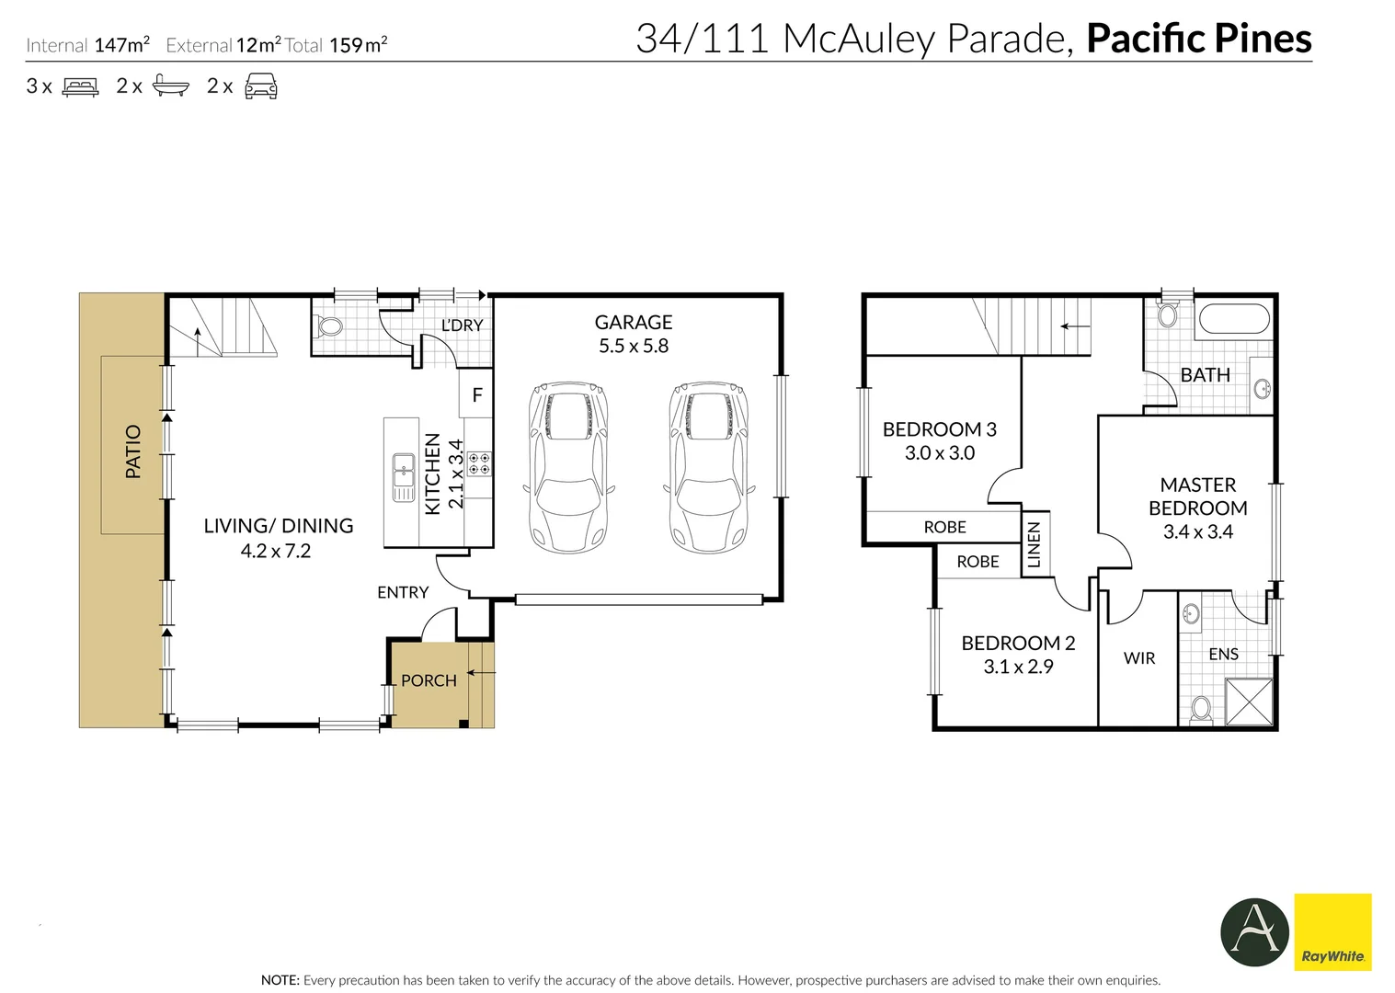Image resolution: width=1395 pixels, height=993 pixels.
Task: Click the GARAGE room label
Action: point(634,323)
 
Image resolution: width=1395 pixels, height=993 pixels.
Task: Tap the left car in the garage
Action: point(568,467)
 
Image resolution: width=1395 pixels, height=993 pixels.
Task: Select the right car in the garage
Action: point(709,467)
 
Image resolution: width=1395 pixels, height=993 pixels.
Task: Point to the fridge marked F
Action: point(477,394)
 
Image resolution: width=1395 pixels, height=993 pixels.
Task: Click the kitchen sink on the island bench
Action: point(404,477)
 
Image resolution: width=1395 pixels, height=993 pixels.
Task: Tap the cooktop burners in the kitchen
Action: point(479,463)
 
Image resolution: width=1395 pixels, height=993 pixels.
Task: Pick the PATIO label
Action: point(133,451)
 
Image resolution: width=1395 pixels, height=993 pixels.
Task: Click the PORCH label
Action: point(429,680)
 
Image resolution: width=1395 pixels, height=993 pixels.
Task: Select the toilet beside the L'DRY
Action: point(328,326)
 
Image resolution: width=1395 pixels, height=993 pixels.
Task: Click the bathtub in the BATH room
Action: point(1234,319)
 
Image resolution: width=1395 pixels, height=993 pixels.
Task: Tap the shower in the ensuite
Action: point(1249,702)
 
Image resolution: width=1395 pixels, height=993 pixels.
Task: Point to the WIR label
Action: point(1139,658)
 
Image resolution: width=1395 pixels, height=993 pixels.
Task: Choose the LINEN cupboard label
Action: point(1034,544)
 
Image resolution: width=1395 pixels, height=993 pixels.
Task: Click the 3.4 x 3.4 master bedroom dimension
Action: point(1198,531)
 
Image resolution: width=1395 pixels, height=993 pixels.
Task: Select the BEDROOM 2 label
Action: point(1018,643)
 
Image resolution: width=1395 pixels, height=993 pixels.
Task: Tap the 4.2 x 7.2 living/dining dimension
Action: point(276,551)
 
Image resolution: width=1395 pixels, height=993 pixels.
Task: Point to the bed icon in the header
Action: point(80,86)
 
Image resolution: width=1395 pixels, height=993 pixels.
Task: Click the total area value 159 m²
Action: point(359,45)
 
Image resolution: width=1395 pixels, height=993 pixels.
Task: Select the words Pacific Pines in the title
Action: point(1199,39)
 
